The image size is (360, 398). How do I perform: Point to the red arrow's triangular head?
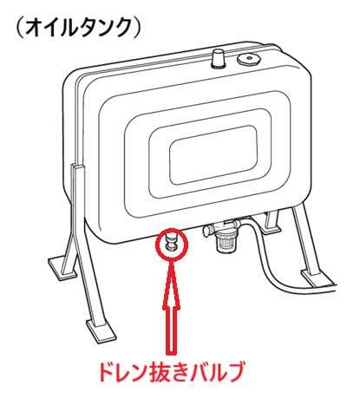click(172, 284)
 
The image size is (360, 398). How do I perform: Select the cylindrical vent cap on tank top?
click(219, 58)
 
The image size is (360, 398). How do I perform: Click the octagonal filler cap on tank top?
click(249, 60)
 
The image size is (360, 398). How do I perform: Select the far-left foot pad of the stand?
click(63, 268)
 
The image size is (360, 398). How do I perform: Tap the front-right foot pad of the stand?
click(317, 278)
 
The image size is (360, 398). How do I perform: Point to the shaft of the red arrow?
click(172, 330)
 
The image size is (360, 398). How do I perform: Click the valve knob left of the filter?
click(206, 230)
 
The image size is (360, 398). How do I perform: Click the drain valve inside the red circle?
click(171, 240)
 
